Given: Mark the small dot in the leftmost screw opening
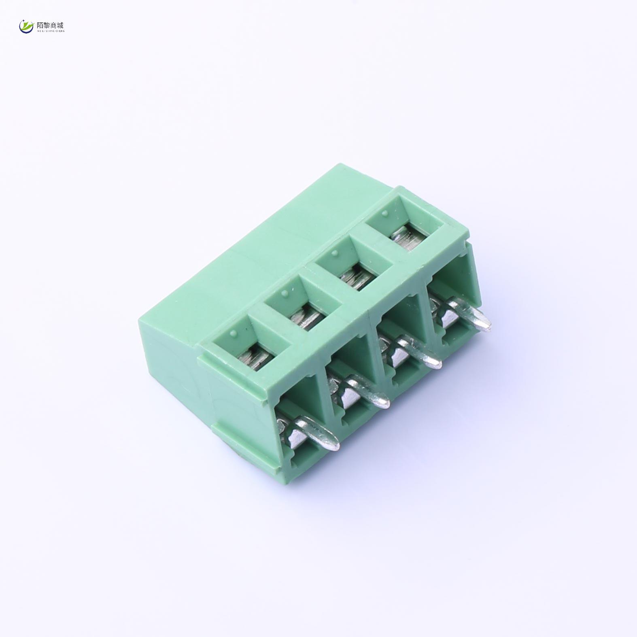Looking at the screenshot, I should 232,333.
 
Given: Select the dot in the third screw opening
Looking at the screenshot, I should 334,253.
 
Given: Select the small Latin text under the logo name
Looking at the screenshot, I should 50,31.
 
